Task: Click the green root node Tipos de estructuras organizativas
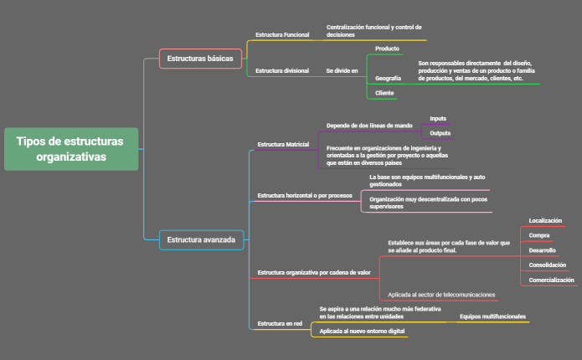tap(71, 149)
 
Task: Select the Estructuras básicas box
tap(201, 59)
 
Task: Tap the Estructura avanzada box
tap(201, 239)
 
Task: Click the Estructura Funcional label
tap(282, 34)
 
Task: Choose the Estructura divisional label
tap(282, 70)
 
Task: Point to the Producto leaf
tap(387, 49)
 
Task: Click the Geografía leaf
tap(389, 77)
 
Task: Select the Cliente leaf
tap(385, 92)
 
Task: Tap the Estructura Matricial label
tap(284, 144)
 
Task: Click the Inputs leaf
tap(439, 118)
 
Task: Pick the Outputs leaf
tap(440, 133)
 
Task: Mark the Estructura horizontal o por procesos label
tap(305, 195)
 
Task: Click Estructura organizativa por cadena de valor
tap(314, 272)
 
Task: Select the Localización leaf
tap(545, 220)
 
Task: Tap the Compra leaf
tap(539, 235)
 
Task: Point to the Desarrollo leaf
tap(543, 249)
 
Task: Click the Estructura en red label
tap(280, 322)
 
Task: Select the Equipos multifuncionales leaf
tap(493, 316)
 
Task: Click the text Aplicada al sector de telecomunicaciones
tap(441, 294)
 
